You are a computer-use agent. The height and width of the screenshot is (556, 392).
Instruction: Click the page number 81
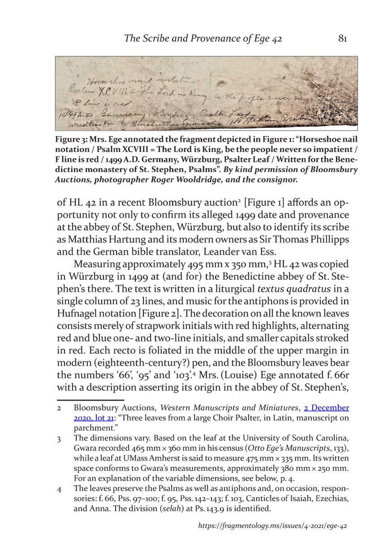pyautogui.click(x=343, y=39)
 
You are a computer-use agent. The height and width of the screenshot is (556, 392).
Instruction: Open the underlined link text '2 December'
pyautogui.click(x=326, y=408)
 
